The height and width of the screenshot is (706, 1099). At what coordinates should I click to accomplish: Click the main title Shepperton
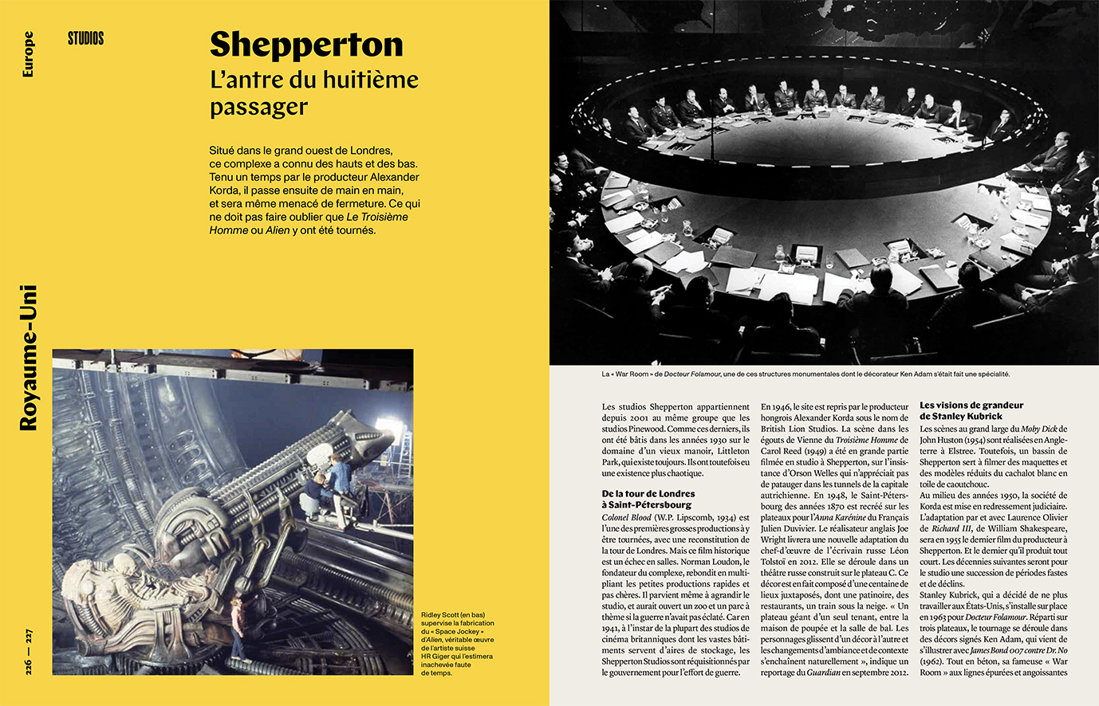point(305,45)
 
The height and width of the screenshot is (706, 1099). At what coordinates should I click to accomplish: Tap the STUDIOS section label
point(86,38)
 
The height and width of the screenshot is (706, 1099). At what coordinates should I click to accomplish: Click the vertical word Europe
point(29,54)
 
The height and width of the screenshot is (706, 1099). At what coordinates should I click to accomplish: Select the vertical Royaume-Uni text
point(29,358)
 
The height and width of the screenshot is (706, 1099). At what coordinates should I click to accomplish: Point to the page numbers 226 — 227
point(29,652)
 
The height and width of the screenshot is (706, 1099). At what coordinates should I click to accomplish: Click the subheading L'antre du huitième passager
point(313,93)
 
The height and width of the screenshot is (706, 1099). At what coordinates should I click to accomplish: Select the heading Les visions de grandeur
point(971,406)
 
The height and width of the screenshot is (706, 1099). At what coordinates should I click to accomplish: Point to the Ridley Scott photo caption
point(458,644)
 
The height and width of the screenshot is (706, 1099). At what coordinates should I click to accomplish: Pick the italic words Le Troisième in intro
point(377,217)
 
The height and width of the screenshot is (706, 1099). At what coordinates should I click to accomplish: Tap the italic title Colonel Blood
point(626,518)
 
